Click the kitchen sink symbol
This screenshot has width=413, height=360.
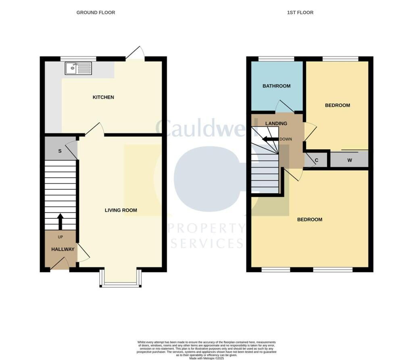pos(78,68)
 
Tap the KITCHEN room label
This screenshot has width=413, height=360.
pos(103,97)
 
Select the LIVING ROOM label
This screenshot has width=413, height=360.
pos(121,210)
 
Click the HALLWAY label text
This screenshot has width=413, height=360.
pos(63,249)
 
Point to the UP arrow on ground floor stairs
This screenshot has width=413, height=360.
pos(60,222)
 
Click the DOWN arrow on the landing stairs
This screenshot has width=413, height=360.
pos(270,139)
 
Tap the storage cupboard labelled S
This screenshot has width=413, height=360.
pos(60,151)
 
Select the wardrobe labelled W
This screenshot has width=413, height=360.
pos(349,160)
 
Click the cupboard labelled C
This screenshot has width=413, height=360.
pos(316,160)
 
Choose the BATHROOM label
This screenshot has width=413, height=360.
pos(276,86)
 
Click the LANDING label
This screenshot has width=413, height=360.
pos(276,123)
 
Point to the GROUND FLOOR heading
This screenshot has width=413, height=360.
pos(96,13)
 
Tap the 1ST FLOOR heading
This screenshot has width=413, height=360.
pos(300,13)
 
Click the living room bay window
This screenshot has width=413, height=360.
pos(121,278)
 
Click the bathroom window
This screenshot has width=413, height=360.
pos(276,59)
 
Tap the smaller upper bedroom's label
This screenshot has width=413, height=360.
pos(337,105)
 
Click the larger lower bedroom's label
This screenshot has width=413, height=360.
pos(309,220)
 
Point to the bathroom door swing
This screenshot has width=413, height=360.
pos(284,107)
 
